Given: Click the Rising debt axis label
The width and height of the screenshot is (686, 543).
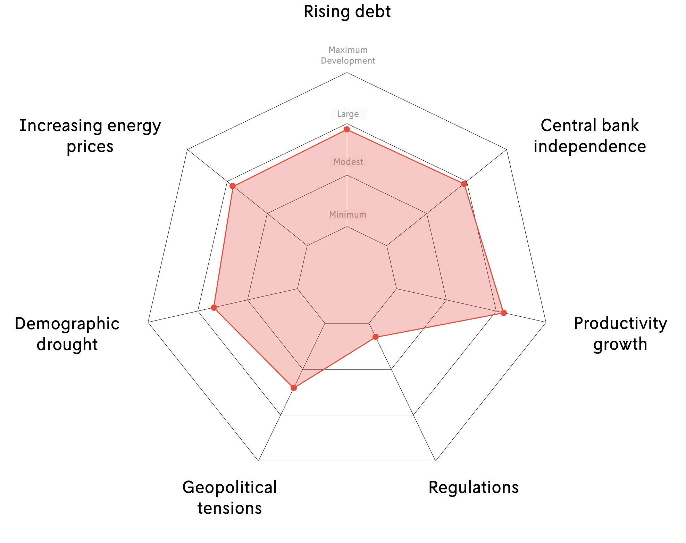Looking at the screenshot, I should point(347,11).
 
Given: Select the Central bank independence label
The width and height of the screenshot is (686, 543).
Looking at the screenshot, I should point(589,136).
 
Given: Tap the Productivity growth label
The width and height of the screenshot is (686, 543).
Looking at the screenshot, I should point(620,333).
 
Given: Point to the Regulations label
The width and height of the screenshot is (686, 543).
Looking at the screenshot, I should point(473,487).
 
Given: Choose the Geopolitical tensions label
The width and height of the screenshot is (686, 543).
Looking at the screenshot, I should point(229,497).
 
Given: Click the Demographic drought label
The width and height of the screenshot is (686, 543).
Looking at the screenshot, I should point(67,334).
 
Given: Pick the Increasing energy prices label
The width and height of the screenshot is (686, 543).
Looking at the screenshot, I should point(90,136).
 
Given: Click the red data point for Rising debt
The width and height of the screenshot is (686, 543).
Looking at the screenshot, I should point(347,129).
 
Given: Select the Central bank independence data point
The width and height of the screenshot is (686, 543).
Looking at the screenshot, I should point(464,184).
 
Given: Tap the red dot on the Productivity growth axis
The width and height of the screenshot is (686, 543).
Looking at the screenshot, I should point(504,313).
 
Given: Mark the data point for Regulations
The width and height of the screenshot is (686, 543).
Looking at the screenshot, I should point(376,337).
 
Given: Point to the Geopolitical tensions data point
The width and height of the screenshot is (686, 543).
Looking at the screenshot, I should point(294,388).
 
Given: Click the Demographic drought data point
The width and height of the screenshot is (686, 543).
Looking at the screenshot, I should point(214,308).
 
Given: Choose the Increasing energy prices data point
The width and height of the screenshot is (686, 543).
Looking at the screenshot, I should point(233,186).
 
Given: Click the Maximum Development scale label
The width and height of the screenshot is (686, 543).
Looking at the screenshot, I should point(348,55).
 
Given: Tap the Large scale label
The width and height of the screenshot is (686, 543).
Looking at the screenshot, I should point(348,114).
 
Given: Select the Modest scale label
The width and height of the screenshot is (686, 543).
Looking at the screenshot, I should point(348,162).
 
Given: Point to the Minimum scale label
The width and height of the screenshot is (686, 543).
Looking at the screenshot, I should point(348,214).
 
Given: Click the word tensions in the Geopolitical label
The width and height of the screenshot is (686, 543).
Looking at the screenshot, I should point(229,508).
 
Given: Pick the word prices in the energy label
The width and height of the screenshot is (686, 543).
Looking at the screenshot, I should point(90,146).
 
